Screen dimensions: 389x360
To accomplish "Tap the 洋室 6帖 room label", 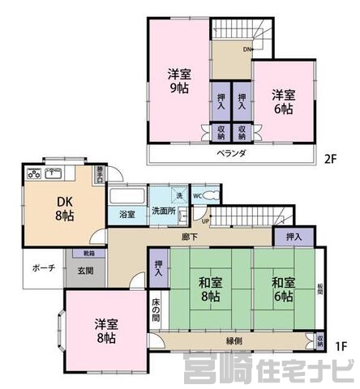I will [x=283, y=101].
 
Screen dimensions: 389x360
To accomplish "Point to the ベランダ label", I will [x=231, y=153].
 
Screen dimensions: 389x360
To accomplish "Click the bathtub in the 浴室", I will [x=126, y=197].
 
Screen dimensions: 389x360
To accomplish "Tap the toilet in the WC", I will [x=209, y=195].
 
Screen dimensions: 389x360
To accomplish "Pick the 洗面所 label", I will [x=164, y=212].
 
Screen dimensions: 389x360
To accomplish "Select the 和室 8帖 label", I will [x=209, y=290].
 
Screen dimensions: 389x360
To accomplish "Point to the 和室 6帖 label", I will [x=283, y=290].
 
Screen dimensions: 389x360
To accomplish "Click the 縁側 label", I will [x=235, y=341].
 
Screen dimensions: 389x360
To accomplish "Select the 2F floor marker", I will [x=330, y=159].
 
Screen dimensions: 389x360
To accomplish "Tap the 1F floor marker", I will [x=341, y=346].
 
